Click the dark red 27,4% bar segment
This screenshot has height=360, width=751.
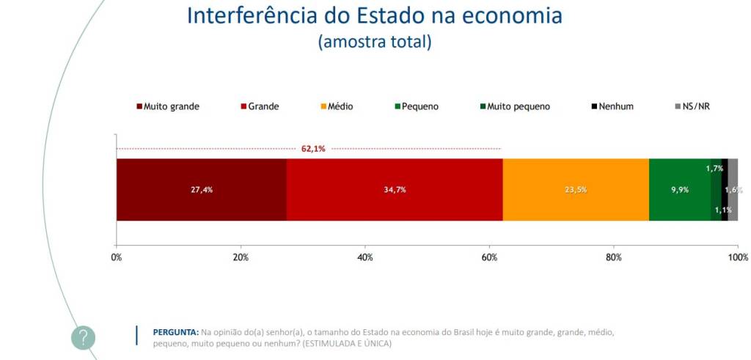coord(201,189)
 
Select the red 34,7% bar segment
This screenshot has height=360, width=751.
coord(395,189)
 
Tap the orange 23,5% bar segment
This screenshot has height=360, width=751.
coord(576,189)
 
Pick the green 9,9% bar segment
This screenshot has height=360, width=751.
coord(679,189)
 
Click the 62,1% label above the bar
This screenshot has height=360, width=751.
coord(313,149)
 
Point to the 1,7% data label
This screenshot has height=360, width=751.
coord(714,169)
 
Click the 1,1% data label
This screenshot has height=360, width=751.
coord(722,209)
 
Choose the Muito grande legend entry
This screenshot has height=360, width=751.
coord(168,106)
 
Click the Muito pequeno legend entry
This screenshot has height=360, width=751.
coord(513,106)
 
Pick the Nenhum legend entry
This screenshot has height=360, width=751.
coord(612,106)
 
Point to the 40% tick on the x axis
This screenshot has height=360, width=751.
coord(364,257)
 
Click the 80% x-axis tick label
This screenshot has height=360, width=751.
coord(614,257)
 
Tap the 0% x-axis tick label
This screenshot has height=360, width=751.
coord(116,257)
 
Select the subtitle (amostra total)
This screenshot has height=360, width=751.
coord(375,42)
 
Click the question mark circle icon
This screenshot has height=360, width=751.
coord(84,337)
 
